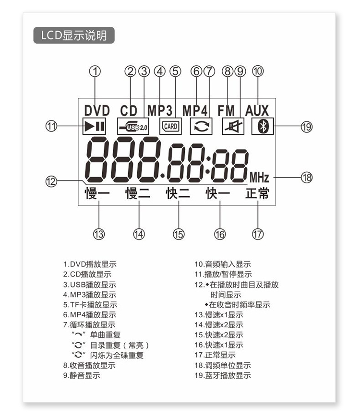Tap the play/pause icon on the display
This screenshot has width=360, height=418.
point(94,126)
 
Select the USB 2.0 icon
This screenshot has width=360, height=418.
point(133,126)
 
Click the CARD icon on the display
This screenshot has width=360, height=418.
point(170,126)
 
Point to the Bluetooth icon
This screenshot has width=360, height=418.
point(263,126)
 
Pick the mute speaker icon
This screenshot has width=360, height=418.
point(233,126)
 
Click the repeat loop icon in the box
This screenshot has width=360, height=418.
point(201,126)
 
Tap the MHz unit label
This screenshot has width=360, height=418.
point(259,178)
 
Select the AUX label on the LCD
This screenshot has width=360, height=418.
point(257,111)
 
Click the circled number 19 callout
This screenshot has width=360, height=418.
point(307,127)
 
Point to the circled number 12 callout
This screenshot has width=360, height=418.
point(51,181)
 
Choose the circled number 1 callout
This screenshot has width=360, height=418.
point(95,72)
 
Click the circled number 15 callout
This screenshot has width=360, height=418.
point(179,234)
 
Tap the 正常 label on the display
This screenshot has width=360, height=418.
point(257,193)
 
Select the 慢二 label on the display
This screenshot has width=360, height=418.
point(138,193)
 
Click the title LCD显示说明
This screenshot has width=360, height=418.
point(74,35)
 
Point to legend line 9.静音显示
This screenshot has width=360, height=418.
point(82,375)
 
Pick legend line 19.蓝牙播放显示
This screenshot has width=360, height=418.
point(223,375)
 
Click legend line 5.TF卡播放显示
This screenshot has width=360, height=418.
point(90,305)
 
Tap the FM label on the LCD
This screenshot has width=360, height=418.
point(226,111)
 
